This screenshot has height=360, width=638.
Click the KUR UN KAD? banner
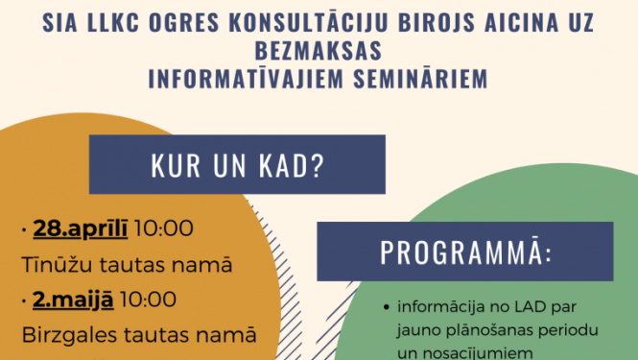coord(237,165)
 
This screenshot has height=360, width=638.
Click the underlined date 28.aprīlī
coord(81,228)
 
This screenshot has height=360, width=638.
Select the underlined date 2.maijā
coord(73,300)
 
